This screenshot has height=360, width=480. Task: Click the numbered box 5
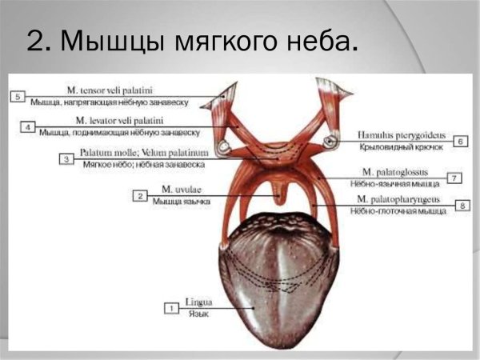coord(18,96)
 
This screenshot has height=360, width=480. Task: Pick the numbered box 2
coord(140,195)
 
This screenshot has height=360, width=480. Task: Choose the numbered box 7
coord(454,178)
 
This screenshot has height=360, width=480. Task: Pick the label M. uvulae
coord(181,190)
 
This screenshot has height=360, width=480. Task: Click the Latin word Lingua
coord(198,303)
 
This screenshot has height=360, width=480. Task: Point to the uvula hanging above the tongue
coord(276,192)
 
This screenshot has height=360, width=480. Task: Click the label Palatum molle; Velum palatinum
coord(143,152)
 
